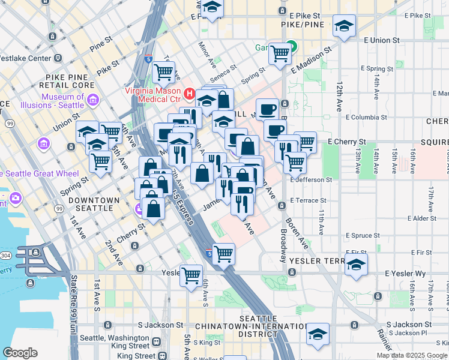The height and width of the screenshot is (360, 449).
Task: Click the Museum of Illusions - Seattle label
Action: coord(62,101)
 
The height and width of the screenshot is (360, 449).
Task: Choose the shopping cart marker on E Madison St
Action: coord(280,53)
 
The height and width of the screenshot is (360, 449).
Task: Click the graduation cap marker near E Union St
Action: coord(345,26)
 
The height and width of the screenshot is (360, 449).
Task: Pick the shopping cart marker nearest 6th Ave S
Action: coord(191,275)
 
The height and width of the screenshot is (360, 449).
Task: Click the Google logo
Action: coord(20,353)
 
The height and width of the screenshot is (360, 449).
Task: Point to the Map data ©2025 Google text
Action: coord(411,355)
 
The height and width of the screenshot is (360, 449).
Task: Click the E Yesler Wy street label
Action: coord(405,274)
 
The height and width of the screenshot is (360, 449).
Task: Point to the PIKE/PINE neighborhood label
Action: coord(303,25)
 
